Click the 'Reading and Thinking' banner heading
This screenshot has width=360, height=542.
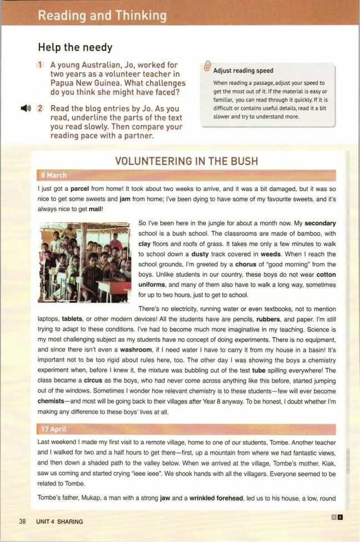pos(102,15)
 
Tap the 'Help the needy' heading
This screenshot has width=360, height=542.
pos(75,48)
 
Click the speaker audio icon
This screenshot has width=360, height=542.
pos(26,108)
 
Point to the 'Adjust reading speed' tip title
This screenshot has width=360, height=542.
pos(243,71)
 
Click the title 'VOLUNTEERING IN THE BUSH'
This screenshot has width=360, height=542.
pos(186,162)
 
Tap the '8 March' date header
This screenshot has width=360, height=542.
pos(54,176)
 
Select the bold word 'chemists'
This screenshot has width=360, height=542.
pos(54,400)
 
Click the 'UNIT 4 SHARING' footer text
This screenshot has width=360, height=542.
pos(59,521)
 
